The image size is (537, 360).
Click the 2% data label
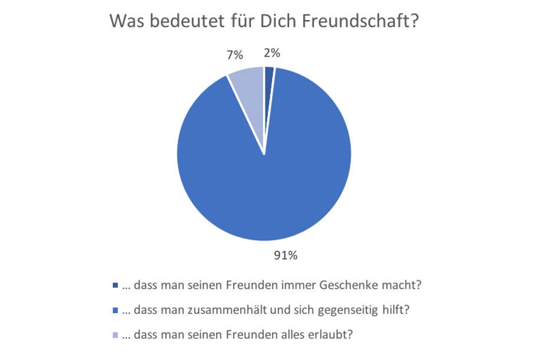(x=272, y=53)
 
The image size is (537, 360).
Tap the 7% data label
(x=235, y=55)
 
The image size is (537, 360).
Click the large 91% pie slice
(x=271, y=177)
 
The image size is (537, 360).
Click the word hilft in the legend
(x=399, y=310)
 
